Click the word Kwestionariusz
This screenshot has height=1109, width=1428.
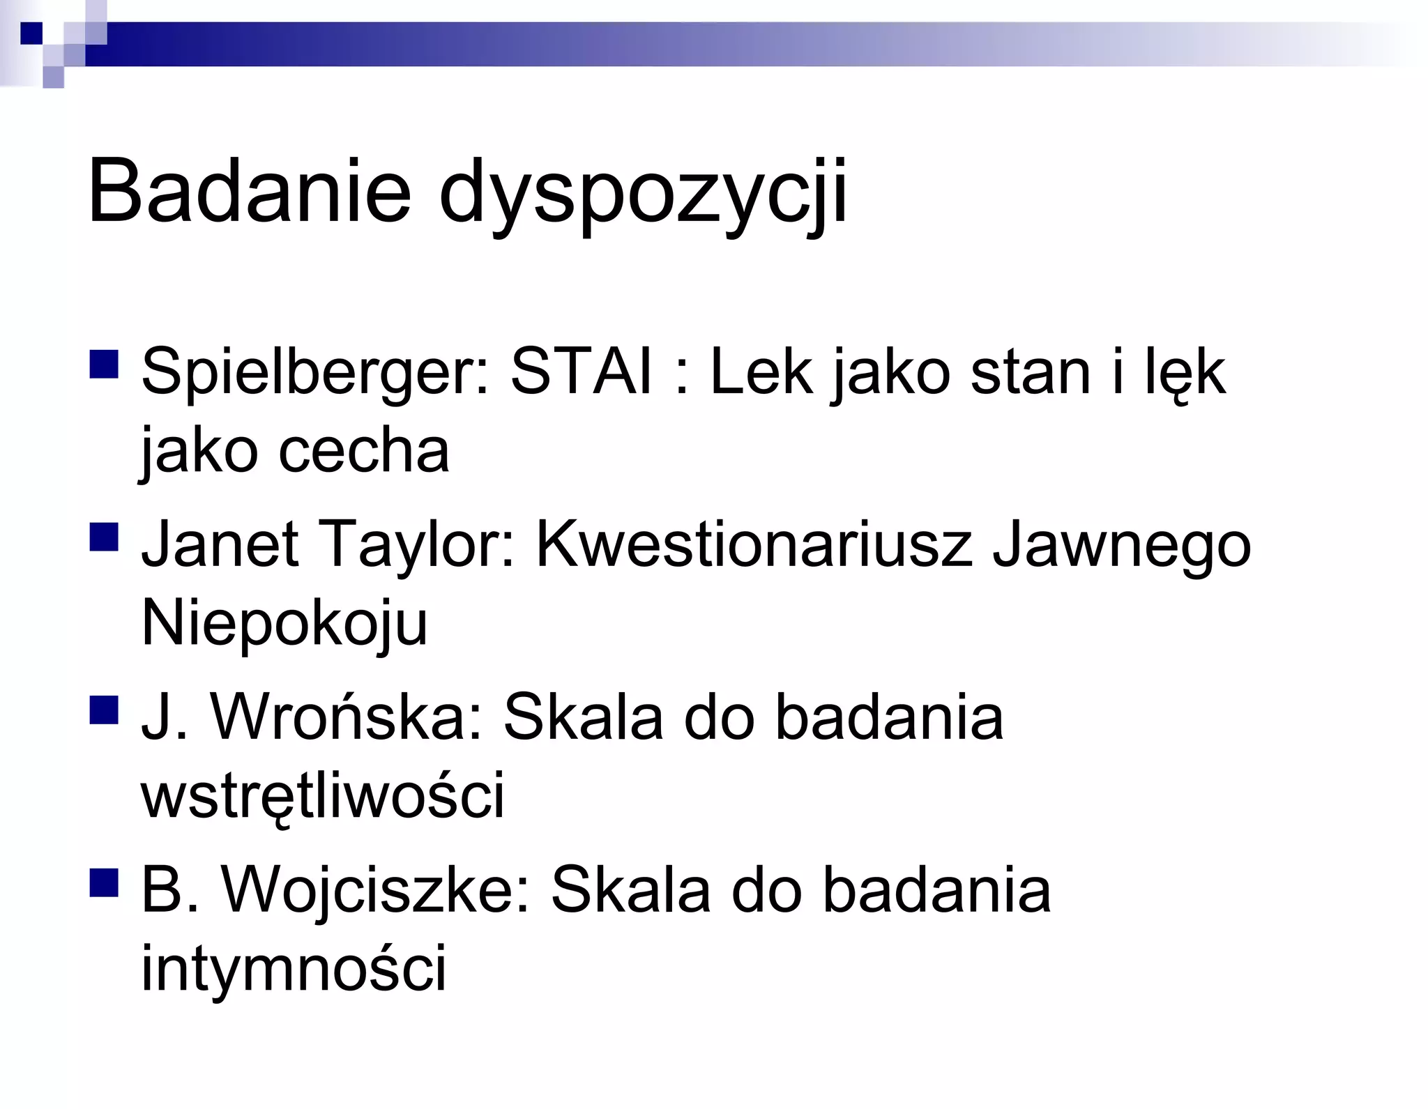754,544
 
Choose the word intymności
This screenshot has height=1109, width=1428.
294,969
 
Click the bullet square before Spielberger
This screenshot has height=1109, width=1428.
104,365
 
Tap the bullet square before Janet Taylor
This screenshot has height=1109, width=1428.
104,537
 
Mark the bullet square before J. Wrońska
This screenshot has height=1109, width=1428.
104,710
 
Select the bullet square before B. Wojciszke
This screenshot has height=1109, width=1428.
104,882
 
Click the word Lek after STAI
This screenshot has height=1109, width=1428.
761,372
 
